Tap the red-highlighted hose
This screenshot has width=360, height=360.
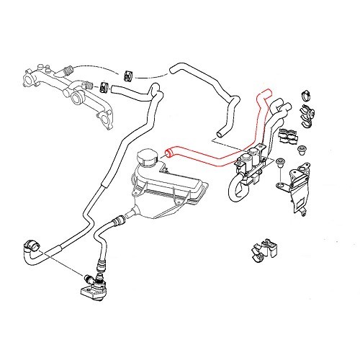(216, 153)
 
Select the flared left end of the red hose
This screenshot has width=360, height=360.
(170, 151)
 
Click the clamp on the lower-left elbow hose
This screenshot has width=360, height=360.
(32, 243)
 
